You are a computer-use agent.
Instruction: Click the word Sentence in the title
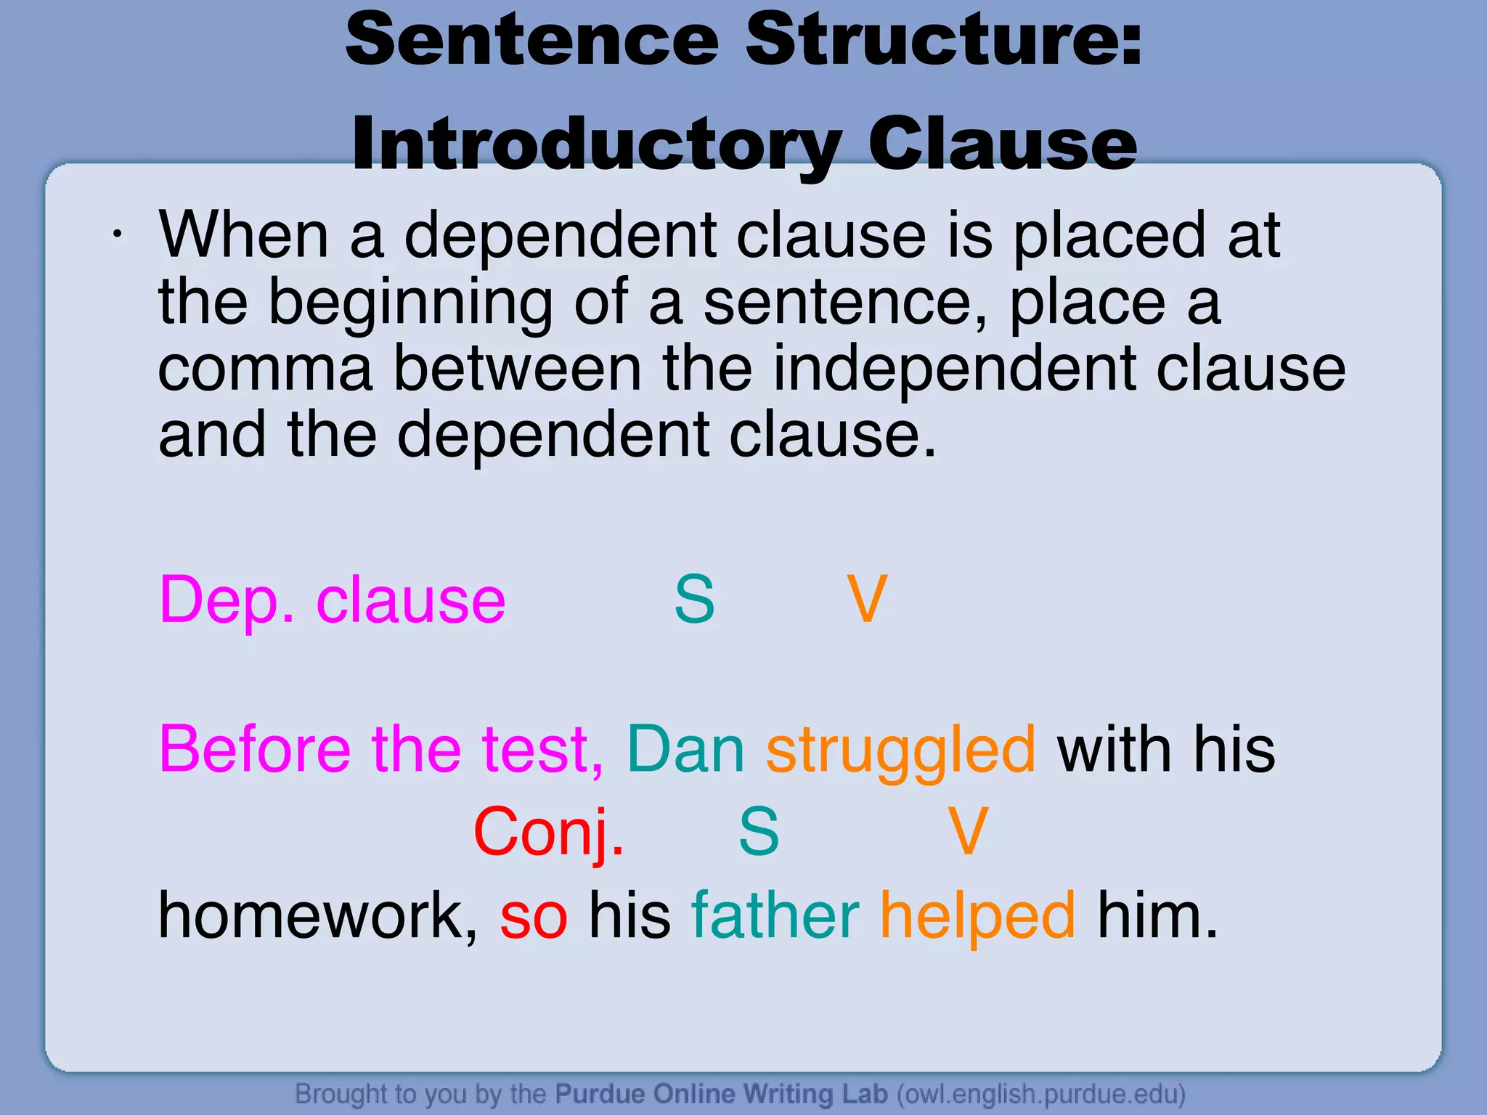click(532, 40)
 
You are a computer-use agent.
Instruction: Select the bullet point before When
click(116, 234)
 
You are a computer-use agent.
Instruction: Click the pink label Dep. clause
click(332, 600)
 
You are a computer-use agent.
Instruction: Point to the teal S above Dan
click(694, 600)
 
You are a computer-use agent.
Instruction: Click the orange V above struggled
click(867, 600)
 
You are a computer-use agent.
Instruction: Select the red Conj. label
click(549, 832)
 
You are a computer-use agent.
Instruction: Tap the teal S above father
click(759, 832)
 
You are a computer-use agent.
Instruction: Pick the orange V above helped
click(969, 832)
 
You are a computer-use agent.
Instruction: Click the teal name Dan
click(685, 749)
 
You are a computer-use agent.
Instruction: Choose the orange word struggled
click(900, 749)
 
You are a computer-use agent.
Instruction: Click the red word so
click(534, 916)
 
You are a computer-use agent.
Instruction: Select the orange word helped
click(977, 916)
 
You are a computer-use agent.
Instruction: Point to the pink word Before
click(255, 749)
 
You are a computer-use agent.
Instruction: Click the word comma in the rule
click(265, 369)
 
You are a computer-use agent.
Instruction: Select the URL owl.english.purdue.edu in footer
click(1040, 1093)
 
